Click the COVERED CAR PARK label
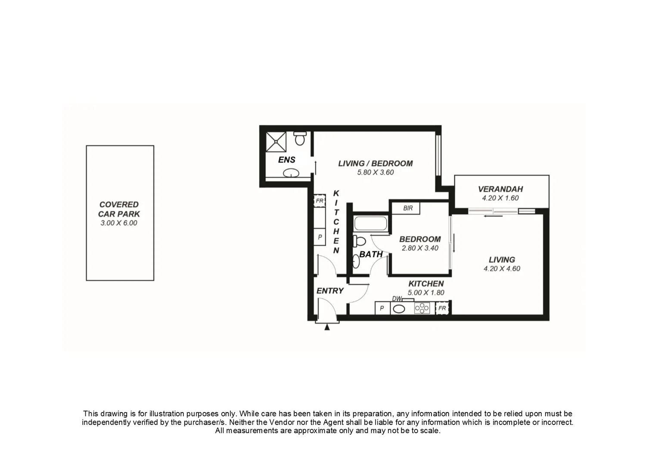[x=119, y=209]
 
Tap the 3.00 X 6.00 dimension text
[x=119, y=223]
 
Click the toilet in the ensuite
[x=300, y=138]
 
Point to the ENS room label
[x=286, y=160]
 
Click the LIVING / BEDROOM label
[x=375, y=163]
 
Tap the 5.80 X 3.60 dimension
[x=375, y=172]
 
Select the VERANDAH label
[x=500, y=189]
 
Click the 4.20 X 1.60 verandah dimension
[x=500, y=198]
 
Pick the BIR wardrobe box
[x=407, y=208]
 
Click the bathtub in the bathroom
[x=370, y=224]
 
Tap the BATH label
[x=371, y=254]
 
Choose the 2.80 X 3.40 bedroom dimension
[x=420, y=248]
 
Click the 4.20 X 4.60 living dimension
[x=502, y=269]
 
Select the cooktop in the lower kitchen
[x=422, y=308]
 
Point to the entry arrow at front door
[x=327, y=327]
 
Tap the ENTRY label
[x=330, y=291]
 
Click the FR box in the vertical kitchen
[x=320, y=201]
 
